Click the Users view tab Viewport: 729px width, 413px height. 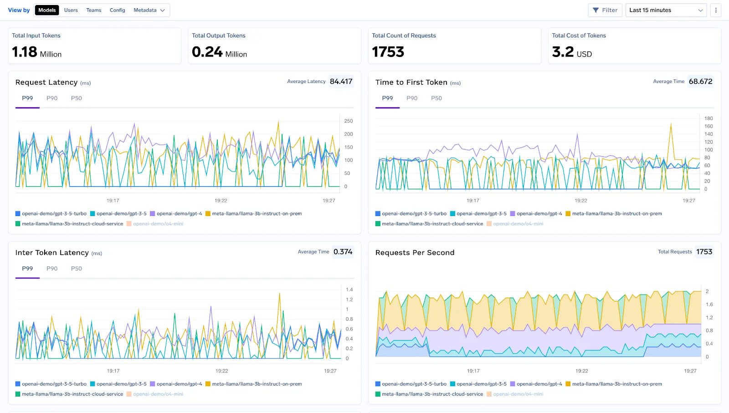click(x=71, y=10)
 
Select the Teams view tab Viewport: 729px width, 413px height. click(x=94, y=10)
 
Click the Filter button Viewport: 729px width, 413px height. click(x=605, y=10)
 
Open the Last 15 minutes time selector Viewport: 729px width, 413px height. click(x=666, y=10)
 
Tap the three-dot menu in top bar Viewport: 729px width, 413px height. click(x=716, y=10)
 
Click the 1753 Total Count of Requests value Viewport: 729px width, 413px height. click(x=388, y=52)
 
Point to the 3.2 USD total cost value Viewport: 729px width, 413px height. click(x=572, y=52)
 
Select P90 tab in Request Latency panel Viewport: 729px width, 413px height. click(x=52, y=98)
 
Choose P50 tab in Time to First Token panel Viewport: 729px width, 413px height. click(x=436, y=98)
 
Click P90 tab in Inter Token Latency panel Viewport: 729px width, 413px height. click(x=52, y=268)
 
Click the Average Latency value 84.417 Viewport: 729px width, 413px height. click(x=341, y=82)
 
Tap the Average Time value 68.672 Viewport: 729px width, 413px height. click(x=700, y=82)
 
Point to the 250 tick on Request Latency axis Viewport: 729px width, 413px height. click(x=349, y=121)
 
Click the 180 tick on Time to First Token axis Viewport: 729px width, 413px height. click(x=708, y=119)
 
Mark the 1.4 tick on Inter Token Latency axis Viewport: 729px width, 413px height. click(x=349, y=290)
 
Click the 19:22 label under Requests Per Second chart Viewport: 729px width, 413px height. click(x=581, y=371)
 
